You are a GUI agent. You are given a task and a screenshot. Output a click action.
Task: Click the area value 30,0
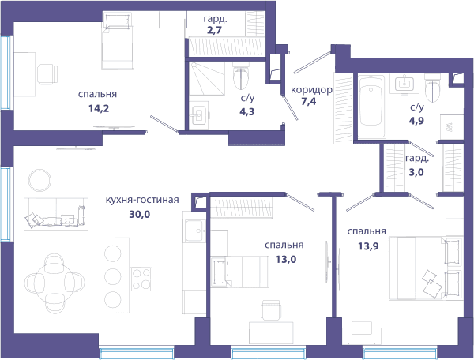[x=139, y=214]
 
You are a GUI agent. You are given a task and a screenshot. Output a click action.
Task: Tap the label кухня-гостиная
[x=142, y=200]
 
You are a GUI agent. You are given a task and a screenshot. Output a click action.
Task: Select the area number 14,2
[x=99, y=108]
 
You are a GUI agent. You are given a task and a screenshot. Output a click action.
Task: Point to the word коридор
[x=311, y=90]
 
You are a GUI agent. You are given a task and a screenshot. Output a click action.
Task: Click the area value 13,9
[x=368, y=246]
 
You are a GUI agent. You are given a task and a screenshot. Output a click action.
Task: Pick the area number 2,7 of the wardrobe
[x=215, y=30]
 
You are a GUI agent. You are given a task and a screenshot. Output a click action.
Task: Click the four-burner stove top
[x=141, y=279]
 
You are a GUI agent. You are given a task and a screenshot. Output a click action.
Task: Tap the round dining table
[x=55, y=283]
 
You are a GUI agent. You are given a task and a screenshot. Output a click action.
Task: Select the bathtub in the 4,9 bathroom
[x=371, y=107]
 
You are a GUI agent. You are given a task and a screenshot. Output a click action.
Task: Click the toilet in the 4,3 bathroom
[x=241, y=76]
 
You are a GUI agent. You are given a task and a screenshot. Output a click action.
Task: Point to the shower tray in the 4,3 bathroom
[x=206, y=79]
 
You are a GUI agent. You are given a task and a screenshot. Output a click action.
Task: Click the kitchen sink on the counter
[x=194, y=231]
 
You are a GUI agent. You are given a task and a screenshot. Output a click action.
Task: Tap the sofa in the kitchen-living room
[x=56, y=214]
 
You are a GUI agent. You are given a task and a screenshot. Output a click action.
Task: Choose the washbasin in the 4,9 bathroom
[x=404, y=83]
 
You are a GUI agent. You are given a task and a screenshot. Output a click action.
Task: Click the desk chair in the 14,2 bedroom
[x=47, y=74]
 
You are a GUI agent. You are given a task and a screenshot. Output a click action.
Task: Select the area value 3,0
[x=416, y=172]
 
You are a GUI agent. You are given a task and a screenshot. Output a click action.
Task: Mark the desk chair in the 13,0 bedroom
[x=271, y=309]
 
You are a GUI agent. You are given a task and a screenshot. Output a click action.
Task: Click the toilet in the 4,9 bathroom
[x=433, y=88]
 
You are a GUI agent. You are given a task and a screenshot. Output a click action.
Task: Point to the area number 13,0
[x=286, y=259]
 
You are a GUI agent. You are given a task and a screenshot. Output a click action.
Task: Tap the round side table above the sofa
[x=40, y=180]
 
